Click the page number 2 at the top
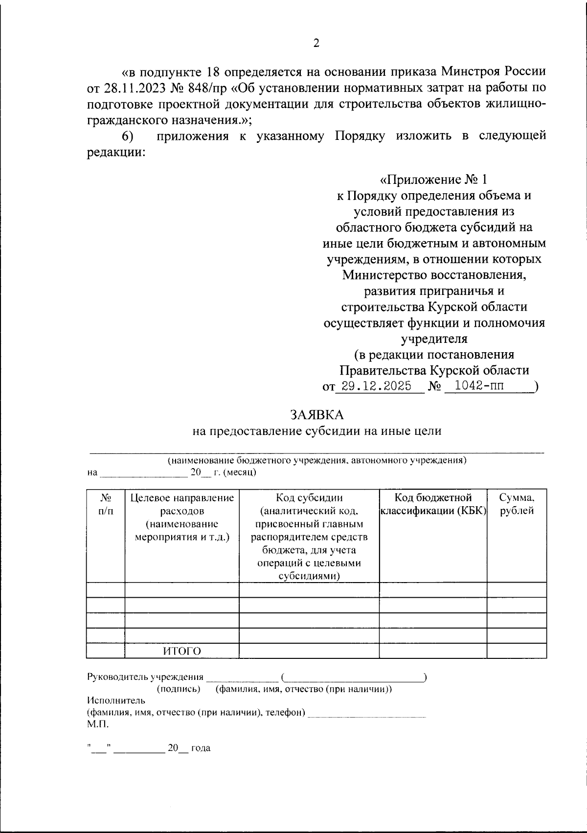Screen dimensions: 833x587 tap(316, 43)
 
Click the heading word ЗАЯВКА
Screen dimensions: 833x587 tap(317, 414)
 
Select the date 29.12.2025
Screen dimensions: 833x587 tap(376, 386)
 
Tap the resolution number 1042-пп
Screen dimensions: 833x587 tap(479, 386)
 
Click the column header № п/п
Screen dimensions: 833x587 tap(106, 504)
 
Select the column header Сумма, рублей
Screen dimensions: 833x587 tap(517, 504)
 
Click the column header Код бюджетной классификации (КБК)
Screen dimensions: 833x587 tap(433, 504)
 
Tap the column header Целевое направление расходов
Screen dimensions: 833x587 tap(182, 504)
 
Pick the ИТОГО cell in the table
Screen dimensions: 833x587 tap(182, 651)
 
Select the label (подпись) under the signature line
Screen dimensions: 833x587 tap(179, 689)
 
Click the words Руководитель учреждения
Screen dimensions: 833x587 tap(145, 677)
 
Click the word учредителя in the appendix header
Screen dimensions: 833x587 tap(434, 338)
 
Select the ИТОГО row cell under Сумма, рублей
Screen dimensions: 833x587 tap(517, 651)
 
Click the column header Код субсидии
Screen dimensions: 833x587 tap(309, 498)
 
